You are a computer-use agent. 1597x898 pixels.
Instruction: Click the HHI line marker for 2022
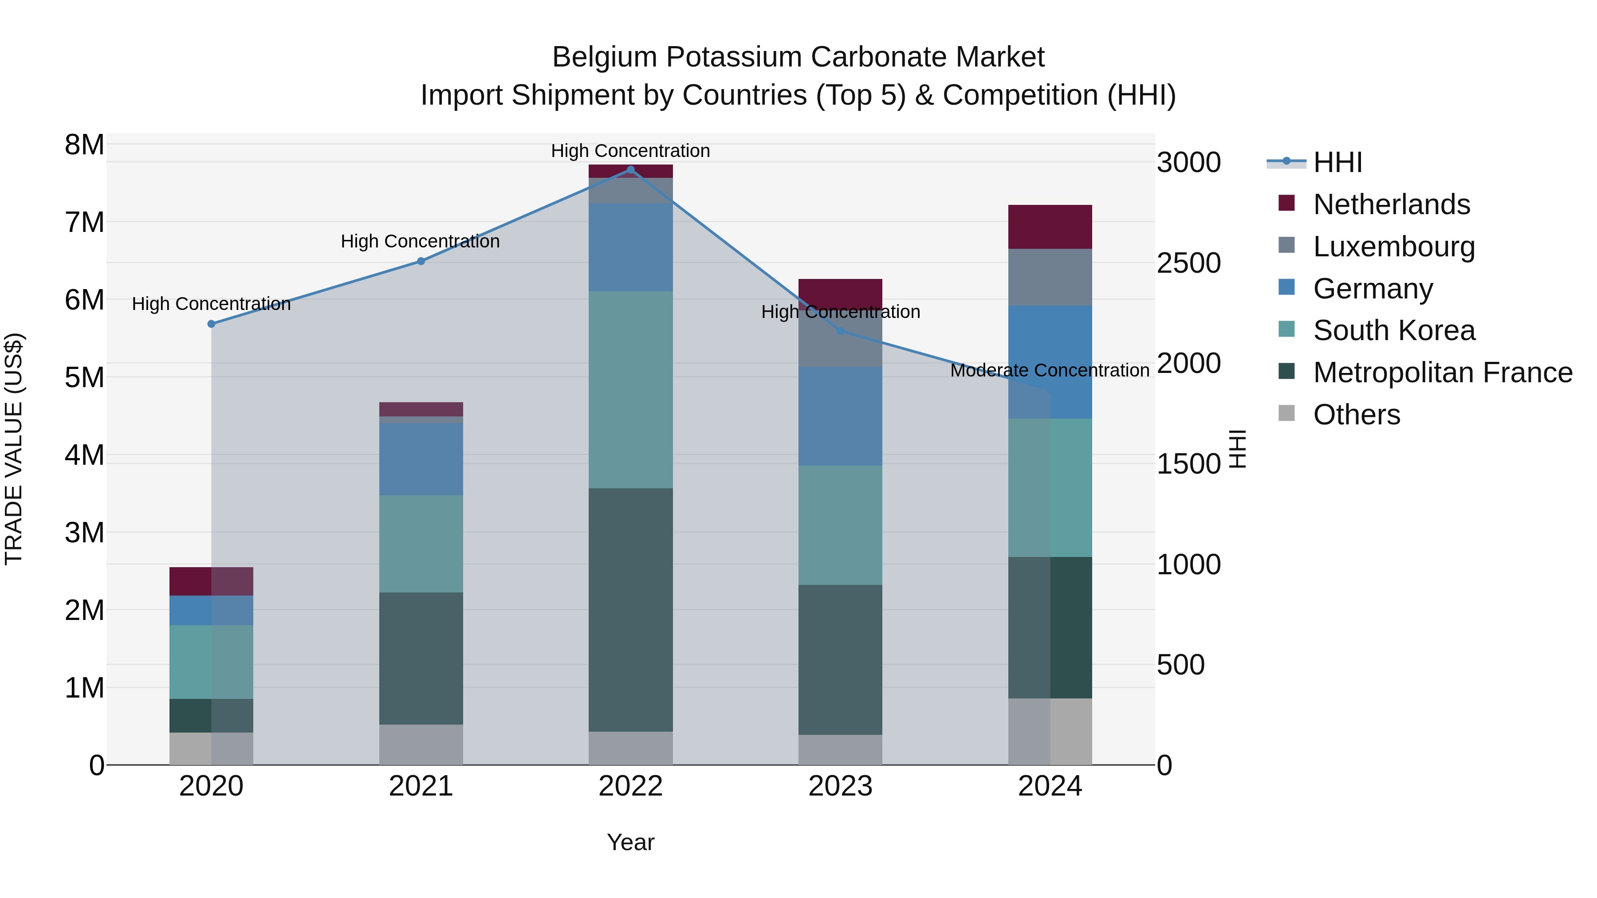(x=630, y=170)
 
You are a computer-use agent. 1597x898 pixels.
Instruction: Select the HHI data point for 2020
(x=212, y=324)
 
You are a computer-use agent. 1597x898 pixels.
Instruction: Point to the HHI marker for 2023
(x=841, y=331)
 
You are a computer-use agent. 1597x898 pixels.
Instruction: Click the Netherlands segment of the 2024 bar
(x=1050, y=227)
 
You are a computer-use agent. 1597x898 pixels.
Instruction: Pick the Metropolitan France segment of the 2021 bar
(x=421, y=658)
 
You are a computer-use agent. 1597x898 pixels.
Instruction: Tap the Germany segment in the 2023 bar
(x=840, y=416)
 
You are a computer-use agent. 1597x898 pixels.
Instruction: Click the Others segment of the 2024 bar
(x=1050, y=731)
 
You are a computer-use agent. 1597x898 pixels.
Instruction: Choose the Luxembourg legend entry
(x=1394, y=247)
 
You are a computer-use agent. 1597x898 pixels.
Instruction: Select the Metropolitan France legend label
(x=1442, y=373)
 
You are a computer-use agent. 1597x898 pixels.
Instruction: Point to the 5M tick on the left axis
(x=84, y=377)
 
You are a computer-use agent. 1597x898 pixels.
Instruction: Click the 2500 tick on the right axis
(x=1188, y=263)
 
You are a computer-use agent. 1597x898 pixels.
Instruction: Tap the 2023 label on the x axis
(x=840, y=786)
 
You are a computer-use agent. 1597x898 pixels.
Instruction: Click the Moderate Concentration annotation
(x=1050, y=371)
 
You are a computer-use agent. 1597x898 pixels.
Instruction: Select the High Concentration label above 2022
(x=630, y=151)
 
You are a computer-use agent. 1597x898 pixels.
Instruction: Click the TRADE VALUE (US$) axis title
(x=14, y=449)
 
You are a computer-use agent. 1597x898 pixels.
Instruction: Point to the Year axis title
(x=630, y=842)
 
